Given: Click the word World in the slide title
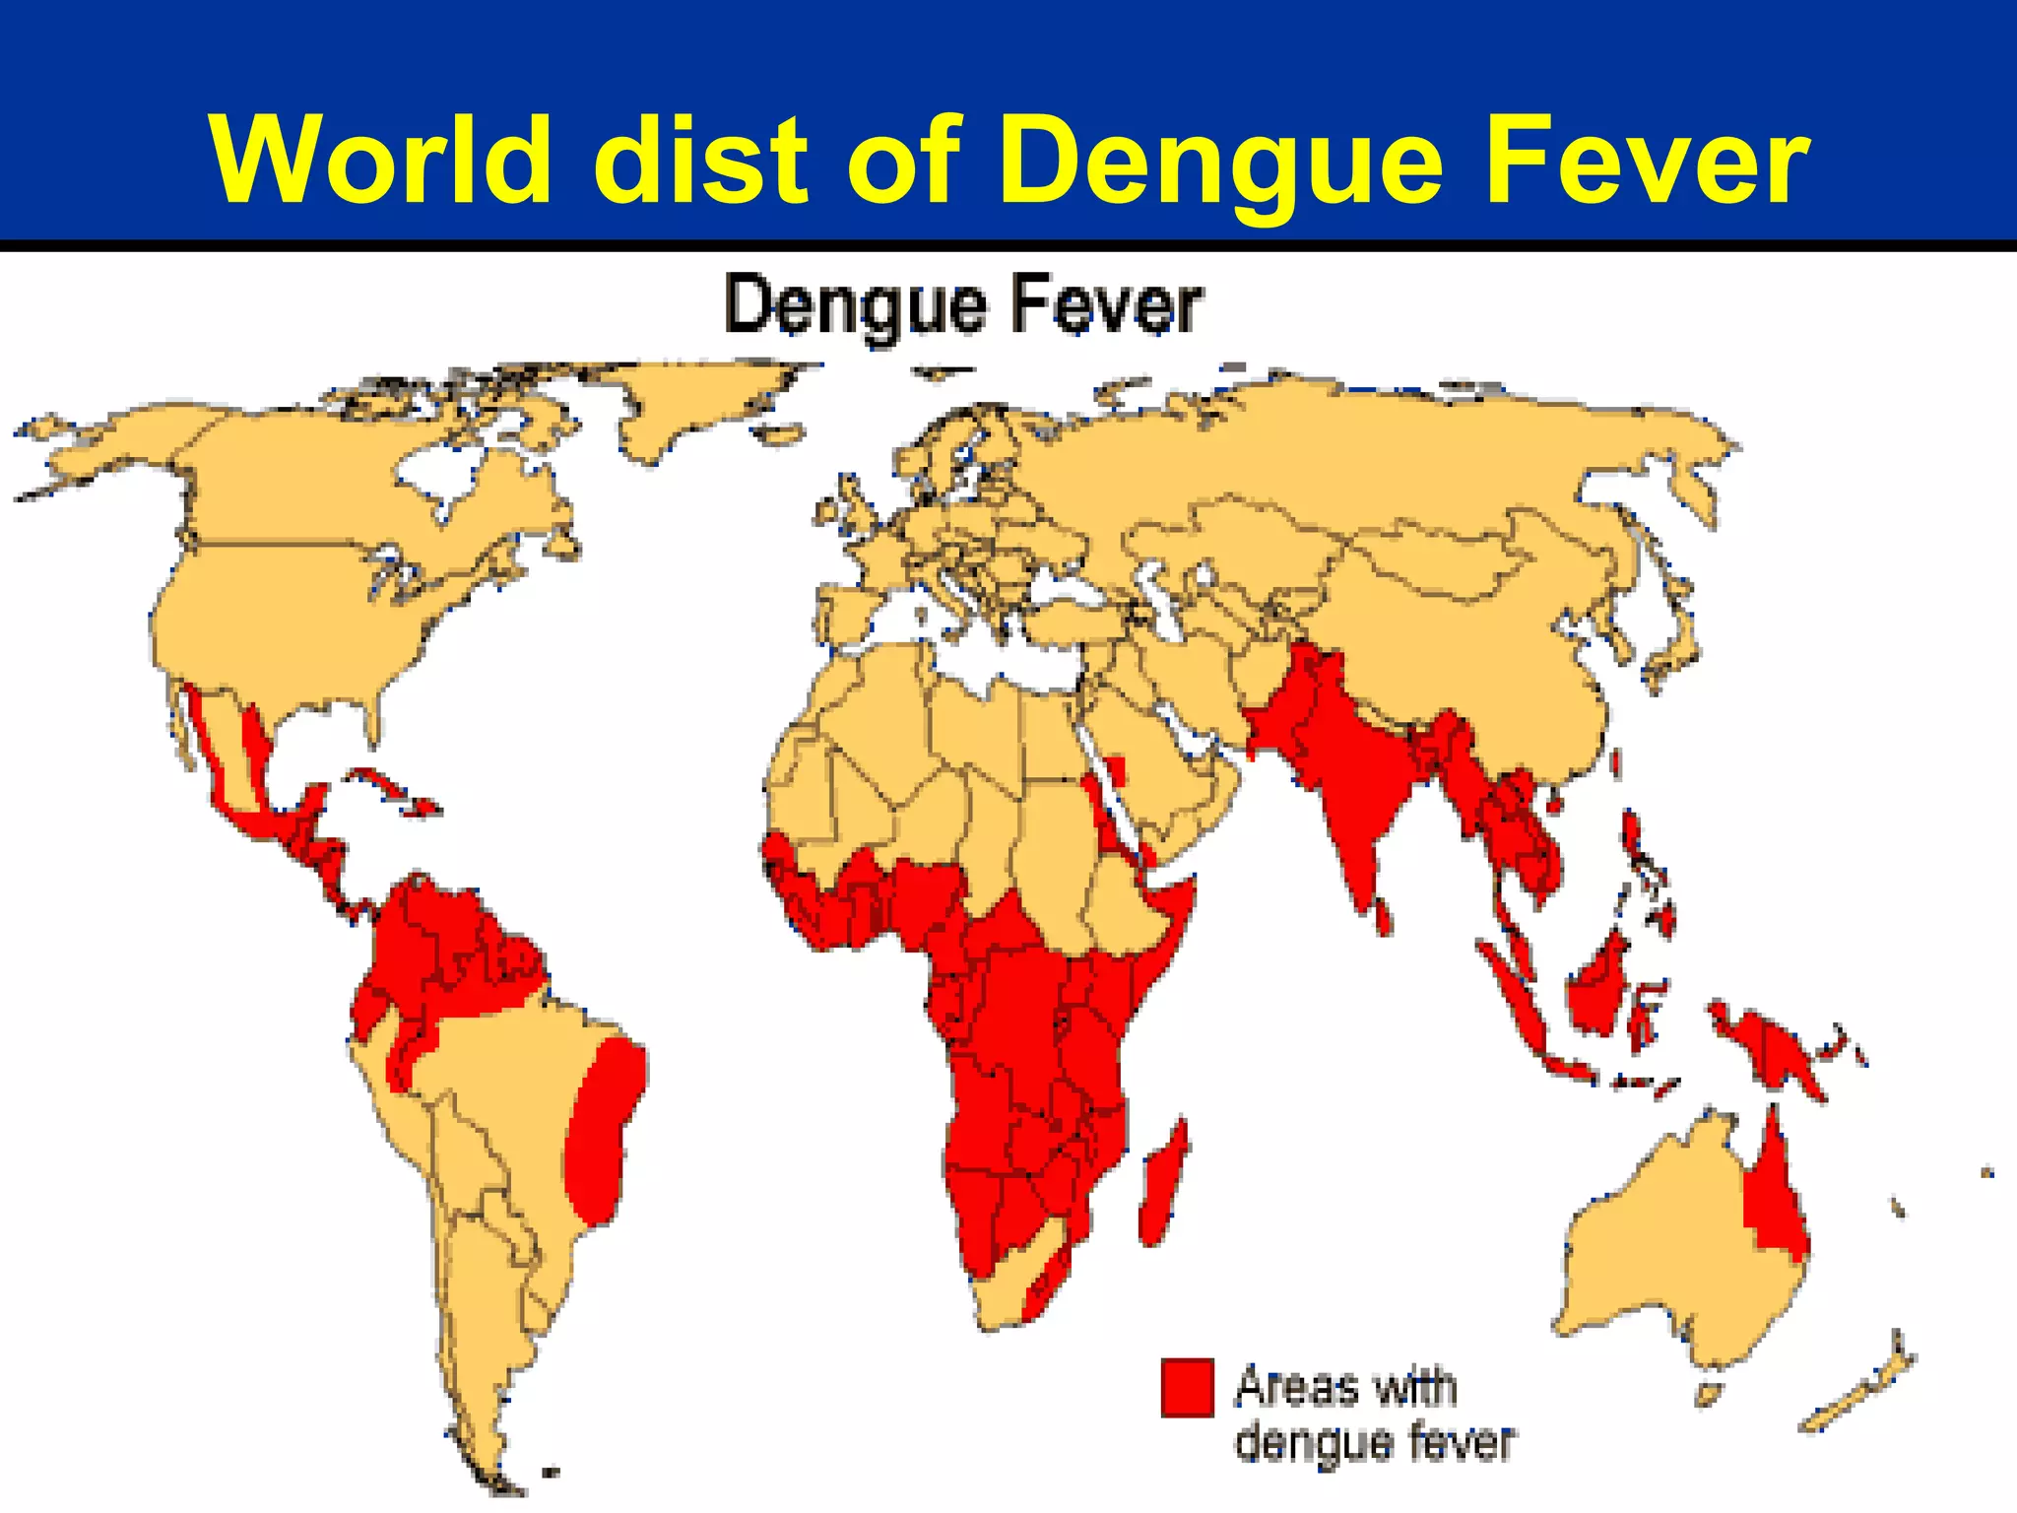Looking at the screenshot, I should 380,161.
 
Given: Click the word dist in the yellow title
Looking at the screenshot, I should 700,161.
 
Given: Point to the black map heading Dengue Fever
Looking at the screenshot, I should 962,306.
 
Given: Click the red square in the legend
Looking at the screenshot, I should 1187,1387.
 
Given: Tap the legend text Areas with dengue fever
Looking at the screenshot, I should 1373,1414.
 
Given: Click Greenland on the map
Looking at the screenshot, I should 689,404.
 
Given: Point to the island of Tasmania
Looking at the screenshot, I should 1709,1395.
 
